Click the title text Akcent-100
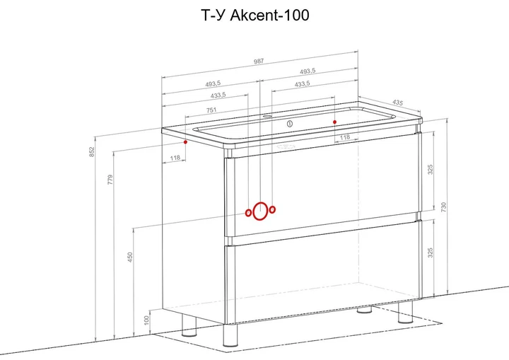coord(270,16)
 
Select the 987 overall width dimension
coord(259,61)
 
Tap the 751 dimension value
coord(211,110)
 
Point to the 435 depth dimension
coord(397,103)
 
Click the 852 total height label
coord(92,152)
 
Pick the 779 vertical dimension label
coord(110,180)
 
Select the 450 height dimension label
coord(130,257)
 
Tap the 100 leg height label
coord(146,320)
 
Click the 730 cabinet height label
coord(444,207)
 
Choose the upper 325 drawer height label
coord(430,170)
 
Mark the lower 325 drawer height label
coord(430,252)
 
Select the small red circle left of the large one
coord(248,213)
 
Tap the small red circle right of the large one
coord(272,209)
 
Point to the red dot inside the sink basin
coord(334,122)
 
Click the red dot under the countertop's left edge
coord(185,142)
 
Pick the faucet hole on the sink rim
coord(267,116)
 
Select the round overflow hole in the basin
coord(290,124)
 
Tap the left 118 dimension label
coord(175,158)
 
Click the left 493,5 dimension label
coord(213,84)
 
